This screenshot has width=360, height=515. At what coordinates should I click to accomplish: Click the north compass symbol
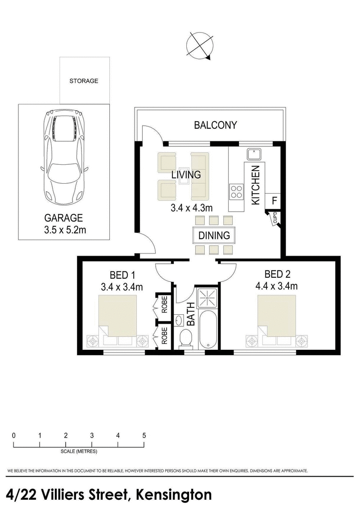point(199,45)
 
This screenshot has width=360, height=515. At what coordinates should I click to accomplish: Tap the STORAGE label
point(83,81)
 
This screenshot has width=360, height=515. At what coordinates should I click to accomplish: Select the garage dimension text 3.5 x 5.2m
point(63,230)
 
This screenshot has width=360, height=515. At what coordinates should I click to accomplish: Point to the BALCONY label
point(215,125)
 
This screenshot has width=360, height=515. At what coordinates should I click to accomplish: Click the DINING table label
point(214,235)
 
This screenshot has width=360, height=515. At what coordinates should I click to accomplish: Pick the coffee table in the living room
point(183,177)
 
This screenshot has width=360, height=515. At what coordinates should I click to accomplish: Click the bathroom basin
point(179,321)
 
